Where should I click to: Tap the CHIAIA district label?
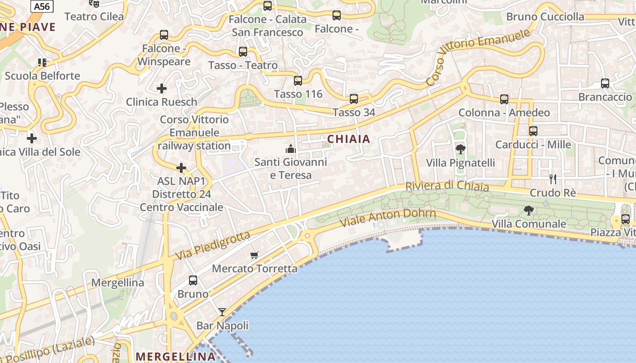[x=349, y=139]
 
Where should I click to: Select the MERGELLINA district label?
[x=175, y=356]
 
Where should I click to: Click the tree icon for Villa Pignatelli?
[x=460, y=149]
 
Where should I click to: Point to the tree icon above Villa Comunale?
[x=528, y=210]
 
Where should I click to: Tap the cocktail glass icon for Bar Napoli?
[x=222, y=312]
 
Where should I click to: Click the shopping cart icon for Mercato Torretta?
[x=254, y=255]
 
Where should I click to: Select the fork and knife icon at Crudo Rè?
[x=552, y=179]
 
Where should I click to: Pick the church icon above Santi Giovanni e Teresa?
[x=290, y=148]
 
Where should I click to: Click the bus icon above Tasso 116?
[x=298, y=81]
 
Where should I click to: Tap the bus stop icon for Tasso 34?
[x=354, y=98]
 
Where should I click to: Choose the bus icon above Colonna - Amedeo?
[x=504, y=99]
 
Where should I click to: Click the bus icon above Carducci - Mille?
[x=533, y=131]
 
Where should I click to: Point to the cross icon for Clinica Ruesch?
[x=162, y=88]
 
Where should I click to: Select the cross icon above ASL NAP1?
[x=181, y=168]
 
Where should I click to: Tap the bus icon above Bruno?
[x=193, y=280]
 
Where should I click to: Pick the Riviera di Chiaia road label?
[x=447, y=186]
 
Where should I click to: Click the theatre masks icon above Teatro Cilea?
[x=94, y=4]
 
